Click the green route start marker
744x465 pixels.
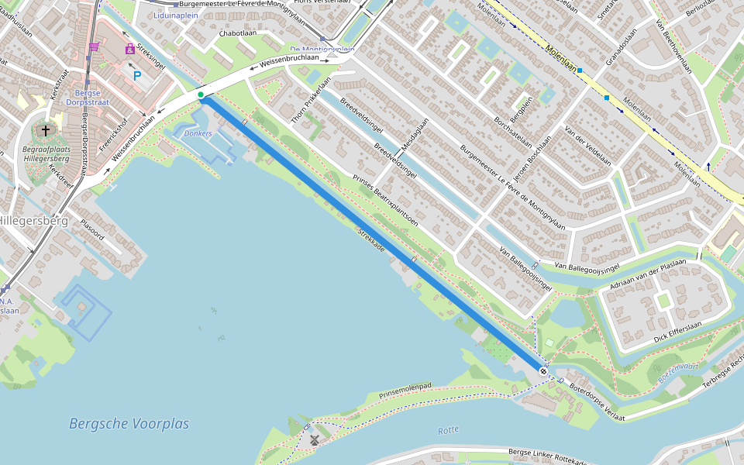(x=201, y=95)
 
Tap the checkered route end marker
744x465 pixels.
(x=543, y=372)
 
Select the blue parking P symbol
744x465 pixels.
(x=137, y=76)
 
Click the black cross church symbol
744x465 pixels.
(x=46, y=130)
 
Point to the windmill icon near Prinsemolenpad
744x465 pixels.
(x=315, y=440)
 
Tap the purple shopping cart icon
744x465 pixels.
(x=94, y=47)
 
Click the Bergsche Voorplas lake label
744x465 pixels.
(x=129, y=424)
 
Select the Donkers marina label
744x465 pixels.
(x=198, y=133)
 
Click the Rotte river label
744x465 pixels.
(x=448, y=429)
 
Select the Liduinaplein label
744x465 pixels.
(x=176, y=15)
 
